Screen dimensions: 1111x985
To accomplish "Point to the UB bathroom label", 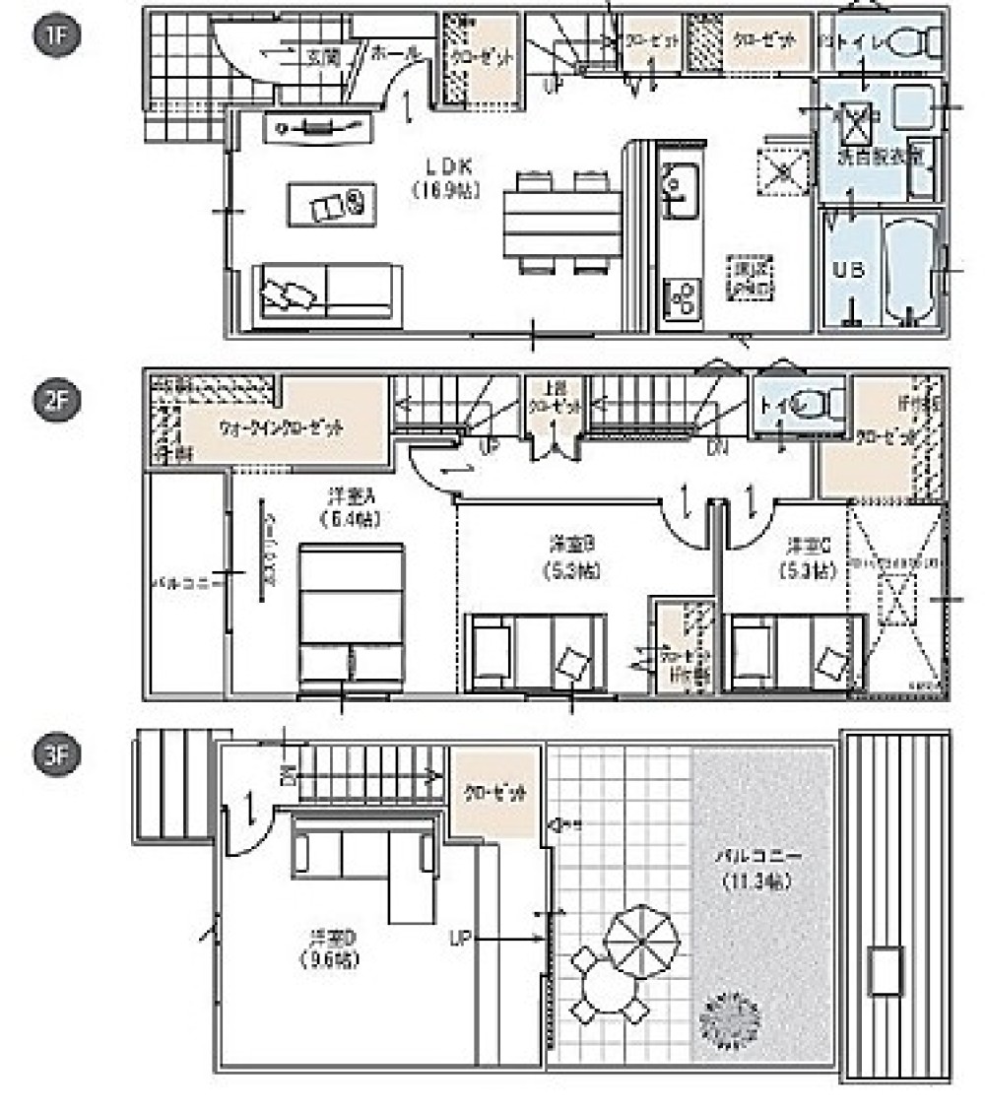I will [x=849, y=269].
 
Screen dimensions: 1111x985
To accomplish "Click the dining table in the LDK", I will [x=561, y=223].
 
